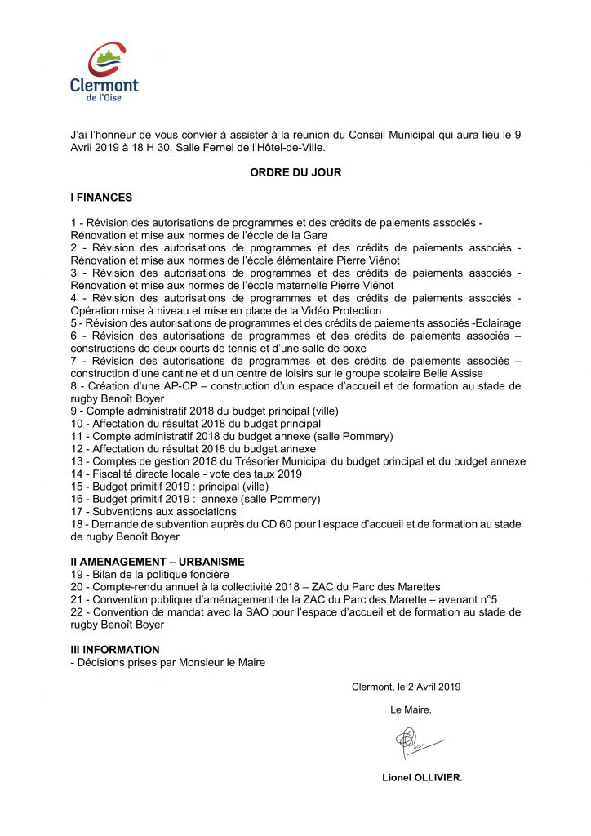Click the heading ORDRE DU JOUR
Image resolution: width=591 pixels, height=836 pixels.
pyautogui.click(x=295, y=173)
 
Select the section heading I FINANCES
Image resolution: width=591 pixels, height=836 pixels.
pyautogui.click(x=101, y=198)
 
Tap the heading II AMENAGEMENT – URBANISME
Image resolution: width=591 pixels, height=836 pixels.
pyautogui.click(x=158, y=562)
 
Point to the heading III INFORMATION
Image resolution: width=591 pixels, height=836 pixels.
pyautogui.click(x=115, y=650)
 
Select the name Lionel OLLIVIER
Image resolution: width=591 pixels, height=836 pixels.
pyautogui.click(x=422, y=778)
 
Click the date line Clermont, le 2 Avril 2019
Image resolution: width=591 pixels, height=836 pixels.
pyautogui.click(x=406, y=687)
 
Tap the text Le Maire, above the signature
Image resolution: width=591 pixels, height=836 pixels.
pyautogui.click(x=411, y=710)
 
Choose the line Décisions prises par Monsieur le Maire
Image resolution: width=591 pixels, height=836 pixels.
pyautogui.click(x=168, y=662)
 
